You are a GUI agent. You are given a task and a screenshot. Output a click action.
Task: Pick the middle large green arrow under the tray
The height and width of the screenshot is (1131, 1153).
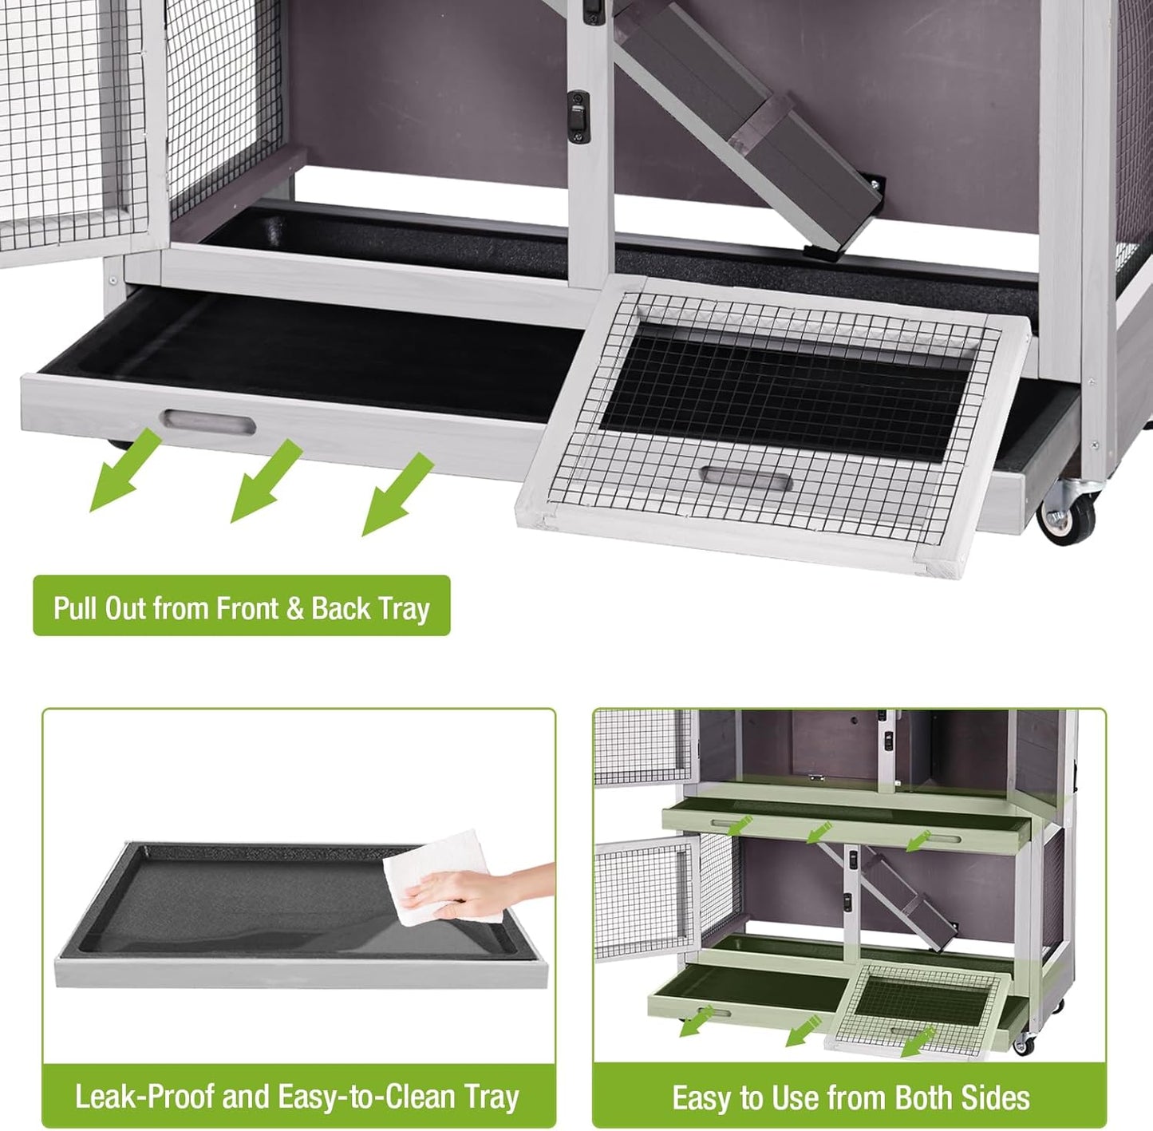264,483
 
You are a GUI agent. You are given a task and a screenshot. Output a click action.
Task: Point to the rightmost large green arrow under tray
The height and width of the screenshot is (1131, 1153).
396,495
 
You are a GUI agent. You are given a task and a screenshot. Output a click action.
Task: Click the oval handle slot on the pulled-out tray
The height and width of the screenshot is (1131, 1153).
209,421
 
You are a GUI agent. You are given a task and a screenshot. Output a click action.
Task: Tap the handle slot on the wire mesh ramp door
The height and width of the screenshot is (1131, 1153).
745,480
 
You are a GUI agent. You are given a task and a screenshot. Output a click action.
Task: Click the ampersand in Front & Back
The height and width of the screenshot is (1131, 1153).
294,608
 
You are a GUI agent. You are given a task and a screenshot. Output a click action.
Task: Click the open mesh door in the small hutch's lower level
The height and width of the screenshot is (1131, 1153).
646,893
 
